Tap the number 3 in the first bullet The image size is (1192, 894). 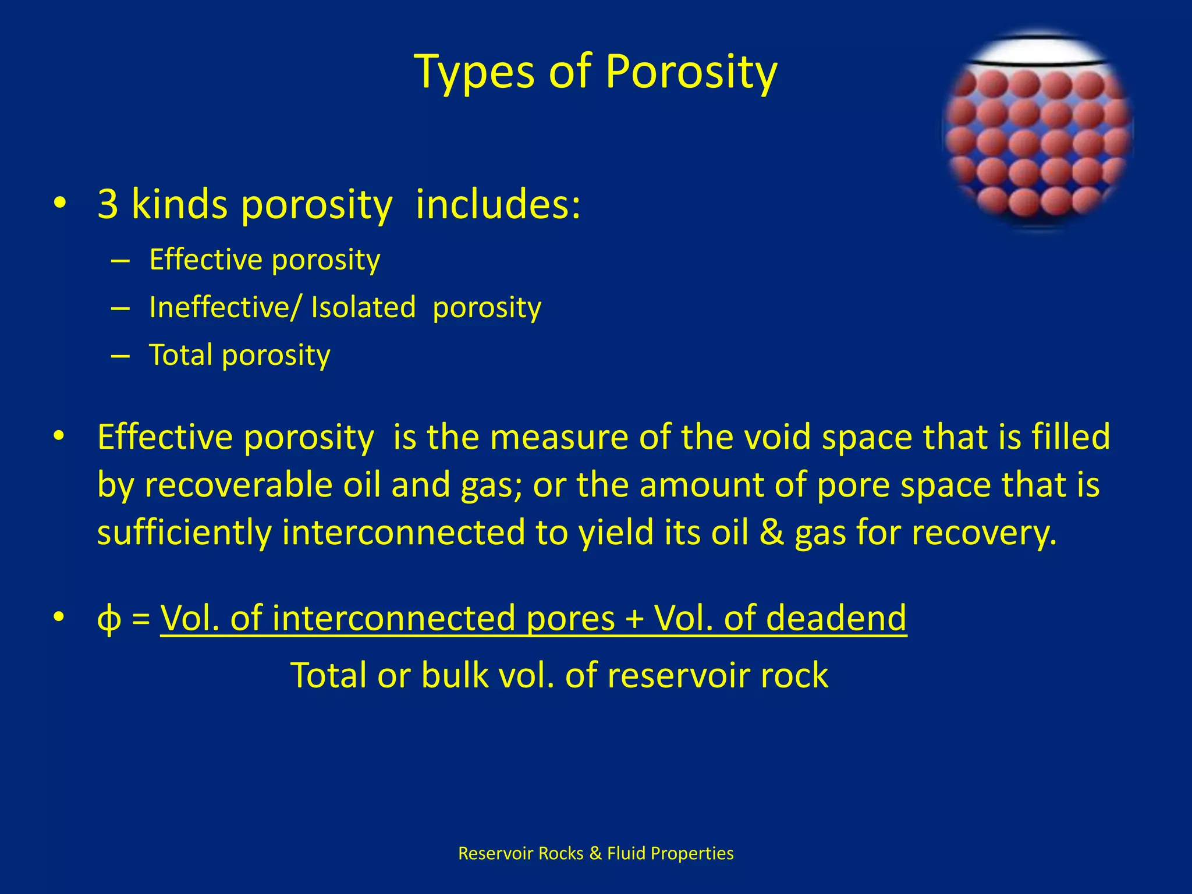pos(108,204)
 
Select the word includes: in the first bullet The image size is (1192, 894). pos(498,204)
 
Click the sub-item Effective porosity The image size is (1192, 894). pos(264,260)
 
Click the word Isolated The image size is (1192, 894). pos(363,307)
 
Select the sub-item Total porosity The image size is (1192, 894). pos(239,355)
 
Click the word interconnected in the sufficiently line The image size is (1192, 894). pos(403,532)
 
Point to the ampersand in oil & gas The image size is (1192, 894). pos(771,532)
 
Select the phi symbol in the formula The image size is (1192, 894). pos(109,619)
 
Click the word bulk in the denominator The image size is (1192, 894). pos(455,675)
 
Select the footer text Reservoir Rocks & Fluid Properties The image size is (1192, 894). pos(595,853)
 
